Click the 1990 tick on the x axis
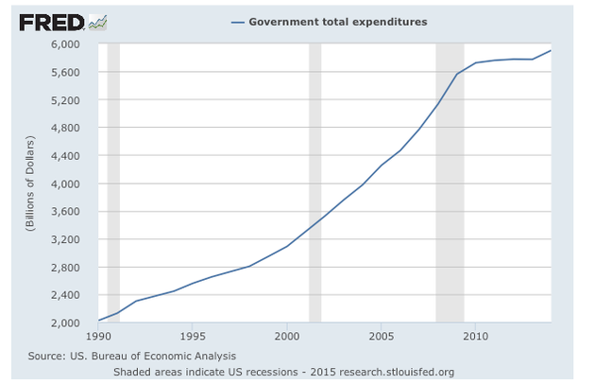pos(98,336)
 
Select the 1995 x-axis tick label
pos(193,336)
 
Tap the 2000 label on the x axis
pos(287,336)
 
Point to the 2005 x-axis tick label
pos(382,336)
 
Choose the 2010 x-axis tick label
pos(475,336)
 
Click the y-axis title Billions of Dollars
pos(31,183)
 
